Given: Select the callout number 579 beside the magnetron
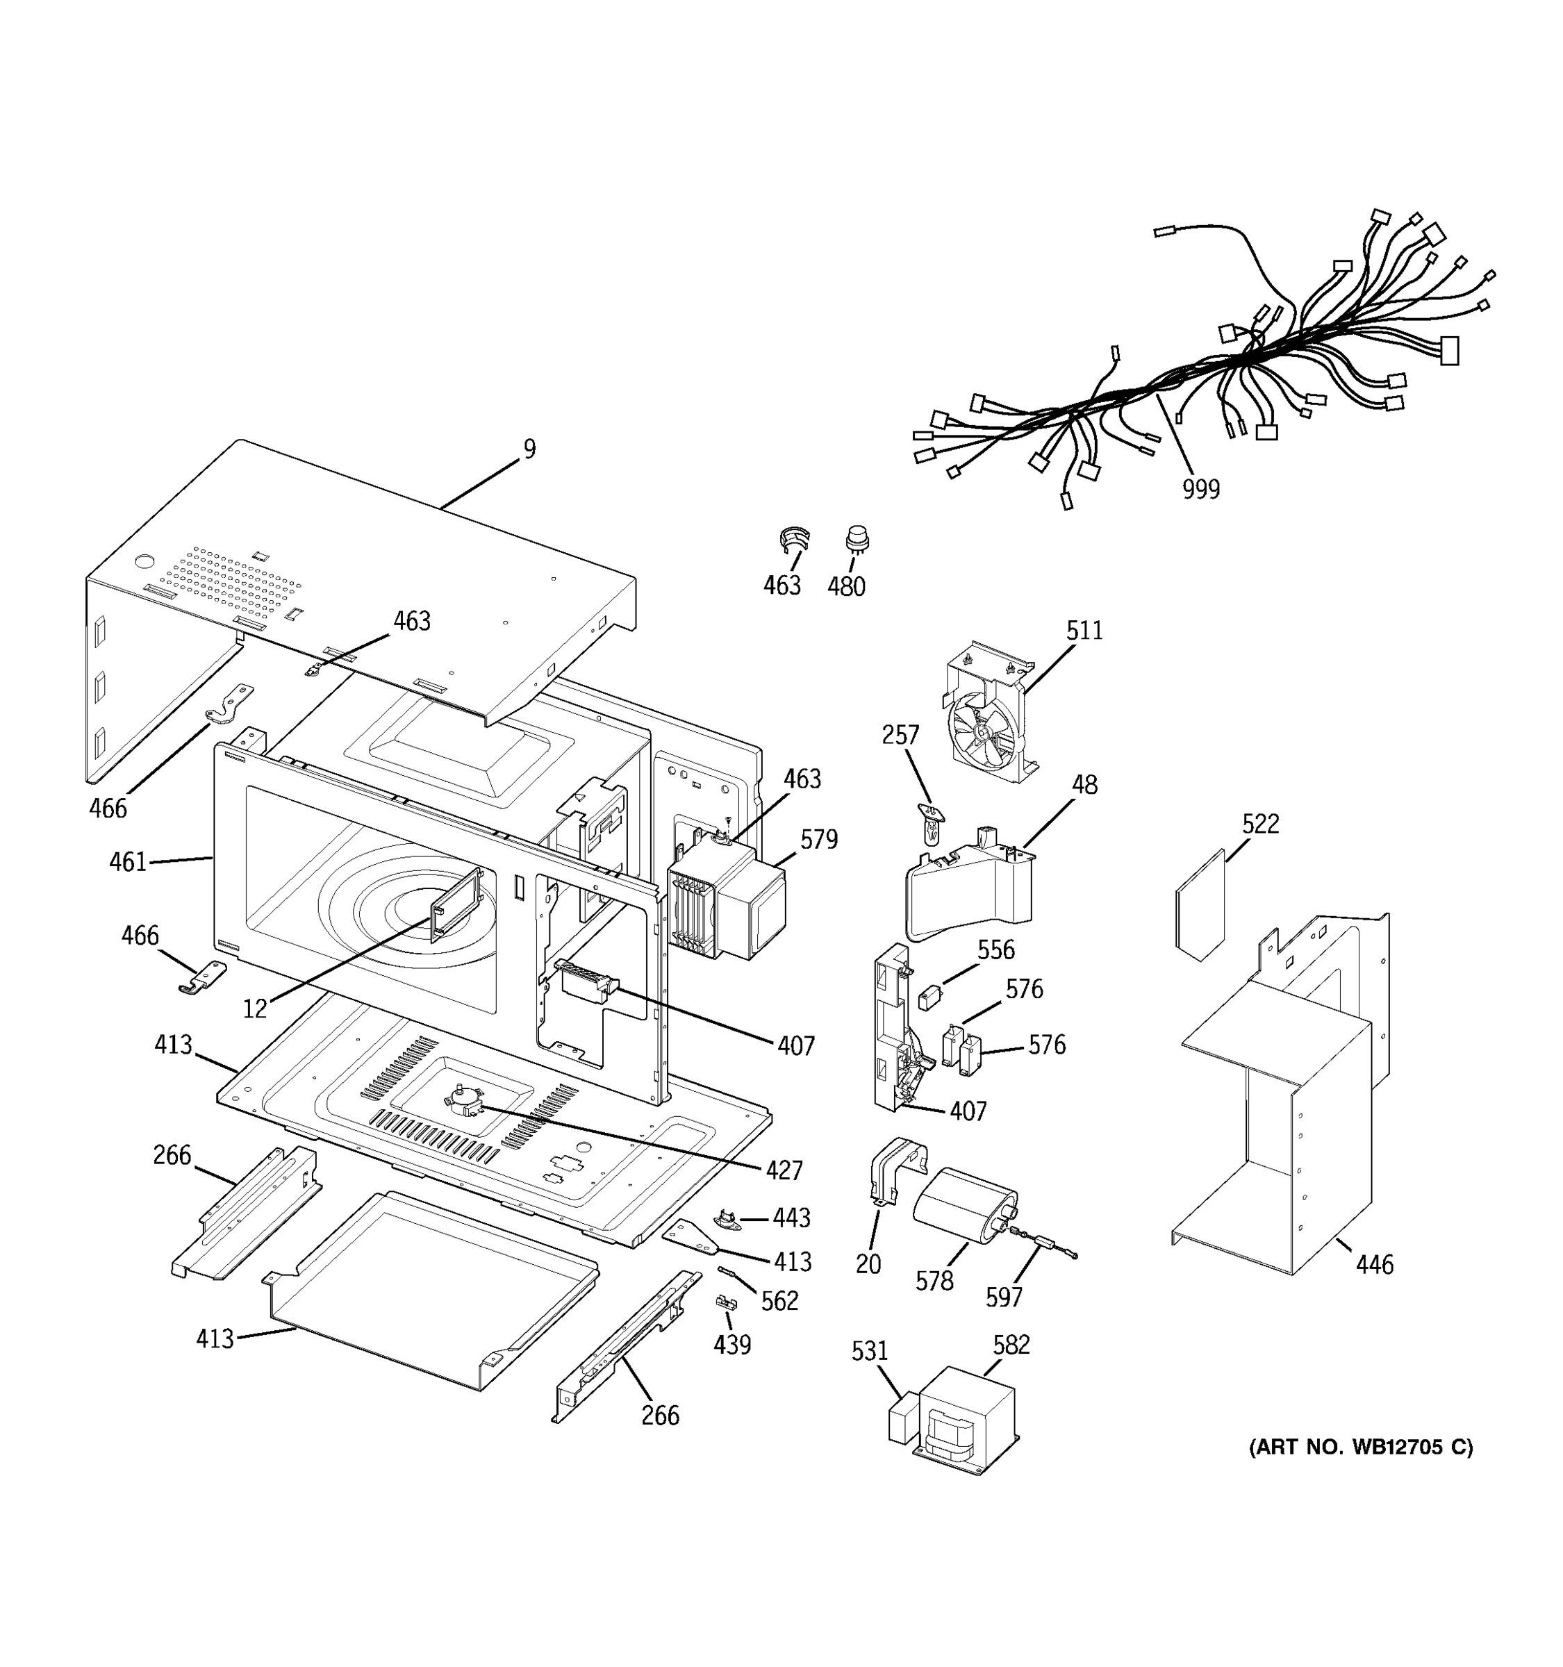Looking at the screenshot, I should pos(818,839).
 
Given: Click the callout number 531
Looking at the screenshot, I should pos(869,1351).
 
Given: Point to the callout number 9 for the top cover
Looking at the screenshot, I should pos(529,449).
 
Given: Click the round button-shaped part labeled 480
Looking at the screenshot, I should pos(856,538).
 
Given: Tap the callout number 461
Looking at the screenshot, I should pos(127,862).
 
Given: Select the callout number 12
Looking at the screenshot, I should pos(254,1009).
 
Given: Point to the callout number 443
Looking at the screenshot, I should pos(791,1218).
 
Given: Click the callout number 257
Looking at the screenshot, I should pos(900,736).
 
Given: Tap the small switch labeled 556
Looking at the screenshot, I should pos(928,999).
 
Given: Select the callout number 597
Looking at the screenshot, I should pos(1003,1298).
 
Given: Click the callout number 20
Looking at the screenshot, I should pos(868,1263).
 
